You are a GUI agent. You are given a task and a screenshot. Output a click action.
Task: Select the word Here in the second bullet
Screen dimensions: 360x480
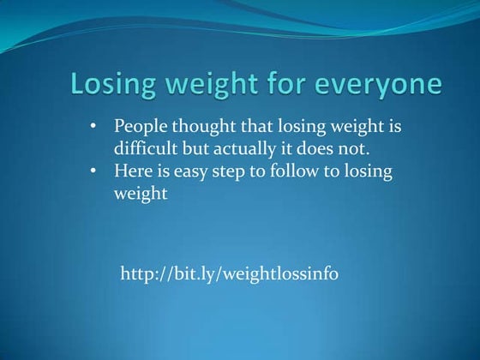coord(133,171)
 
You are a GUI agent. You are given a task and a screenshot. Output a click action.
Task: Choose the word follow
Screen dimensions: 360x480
coord(305,171)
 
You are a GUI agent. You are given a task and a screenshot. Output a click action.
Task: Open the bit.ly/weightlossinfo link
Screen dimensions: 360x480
coord(230,274)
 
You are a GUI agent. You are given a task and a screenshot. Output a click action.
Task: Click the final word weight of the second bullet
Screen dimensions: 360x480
coord(140,194)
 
